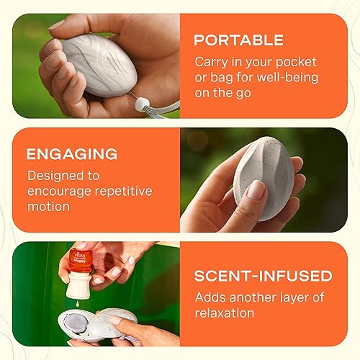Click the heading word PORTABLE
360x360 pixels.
[x=240, y=40]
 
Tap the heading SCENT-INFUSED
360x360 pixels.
[x=264, y=276]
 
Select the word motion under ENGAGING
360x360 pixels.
[x=49, y=207]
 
